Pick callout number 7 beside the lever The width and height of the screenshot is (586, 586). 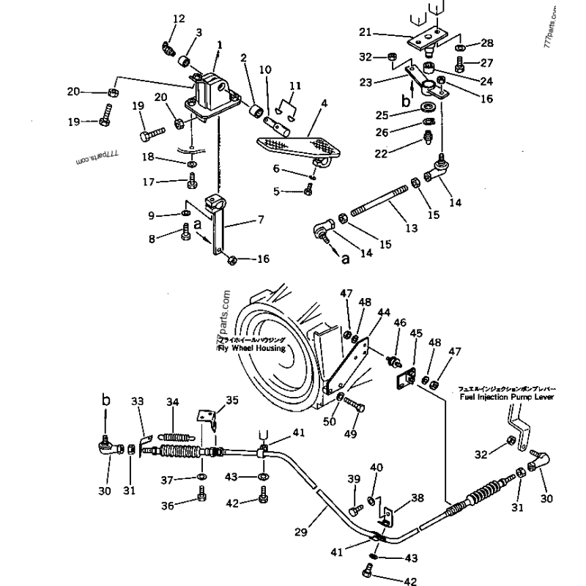pyautogui.click(x=261, y=219)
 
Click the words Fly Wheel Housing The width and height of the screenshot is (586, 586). pyautogui.click(x=251, y=347)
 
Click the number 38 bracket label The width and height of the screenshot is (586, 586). pyautogui.click(x=418, y=498)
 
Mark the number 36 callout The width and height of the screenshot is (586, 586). pyautogui.click(x=168, y=505)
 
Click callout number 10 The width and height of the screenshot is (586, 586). pyautogui.click(x=264, y=70)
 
